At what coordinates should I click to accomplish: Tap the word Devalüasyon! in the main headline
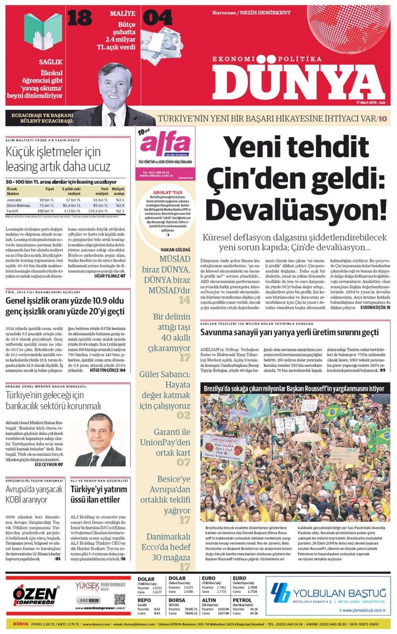click(x=296, y=210)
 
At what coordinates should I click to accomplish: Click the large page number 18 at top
click(x=79, y=19)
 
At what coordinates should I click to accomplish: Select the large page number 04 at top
click(x=157, y=18)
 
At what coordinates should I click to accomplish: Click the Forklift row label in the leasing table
click(x=12, y=211)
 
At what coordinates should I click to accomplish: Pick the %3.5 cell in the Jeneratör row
click(x=120, y=200)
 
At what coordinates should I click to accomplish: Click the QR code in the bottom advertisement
click(x=120, y=600)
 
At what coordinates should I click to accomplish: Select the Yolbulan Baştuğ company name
click(x=339, y=593)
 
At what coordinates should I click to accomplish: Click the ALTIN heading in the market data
click(x=209, y=600)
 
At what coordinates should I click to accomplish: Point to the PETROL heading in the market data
click(x=242, y=600)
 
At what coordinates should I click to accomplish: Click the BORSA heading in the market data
click(x=177, y=600)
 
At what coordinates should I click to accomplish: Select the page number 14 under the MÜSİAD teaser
click(x=184, y=300)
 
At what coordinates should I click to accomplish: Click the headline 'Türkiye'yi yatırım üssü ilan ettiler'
click(x=98, y=494)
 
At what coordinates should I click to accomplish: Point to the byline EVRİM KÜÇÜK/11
click(x=375, y=308)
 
